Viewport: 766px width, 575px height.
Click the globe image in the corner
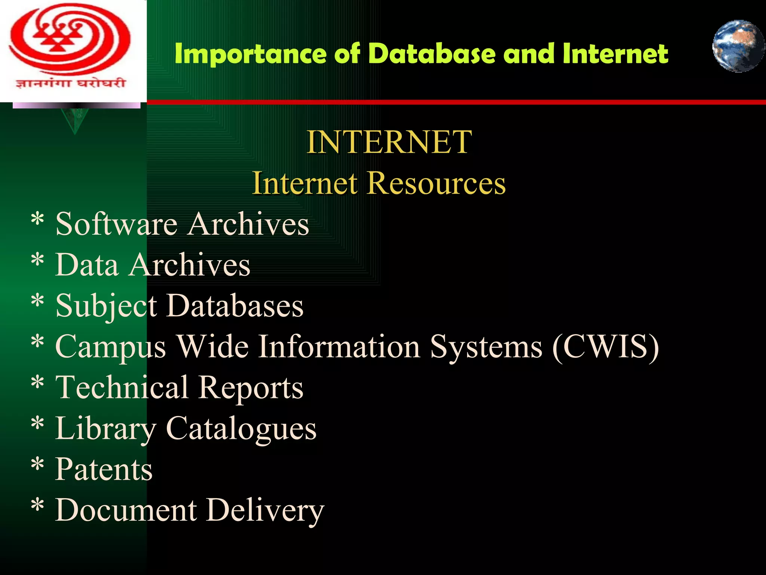coord(738,46)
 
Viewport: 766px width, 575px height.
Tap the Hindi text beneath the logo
coord(70,83)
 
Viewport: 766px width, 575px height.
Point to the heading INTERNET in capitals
coord(389,142)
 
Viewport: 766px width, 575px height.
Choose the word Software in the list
coord(116,224)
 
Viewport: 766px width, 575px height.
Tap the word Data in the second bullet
coord(87,265)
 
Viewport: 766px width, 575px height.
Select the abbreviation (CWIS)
coord(606,347)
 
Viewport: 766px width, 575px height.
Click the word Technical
coord(122,388)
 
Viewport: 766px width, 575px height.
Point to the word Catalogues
coord(241,429)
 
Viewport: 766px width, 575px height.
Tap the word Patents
coord(104,469)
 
